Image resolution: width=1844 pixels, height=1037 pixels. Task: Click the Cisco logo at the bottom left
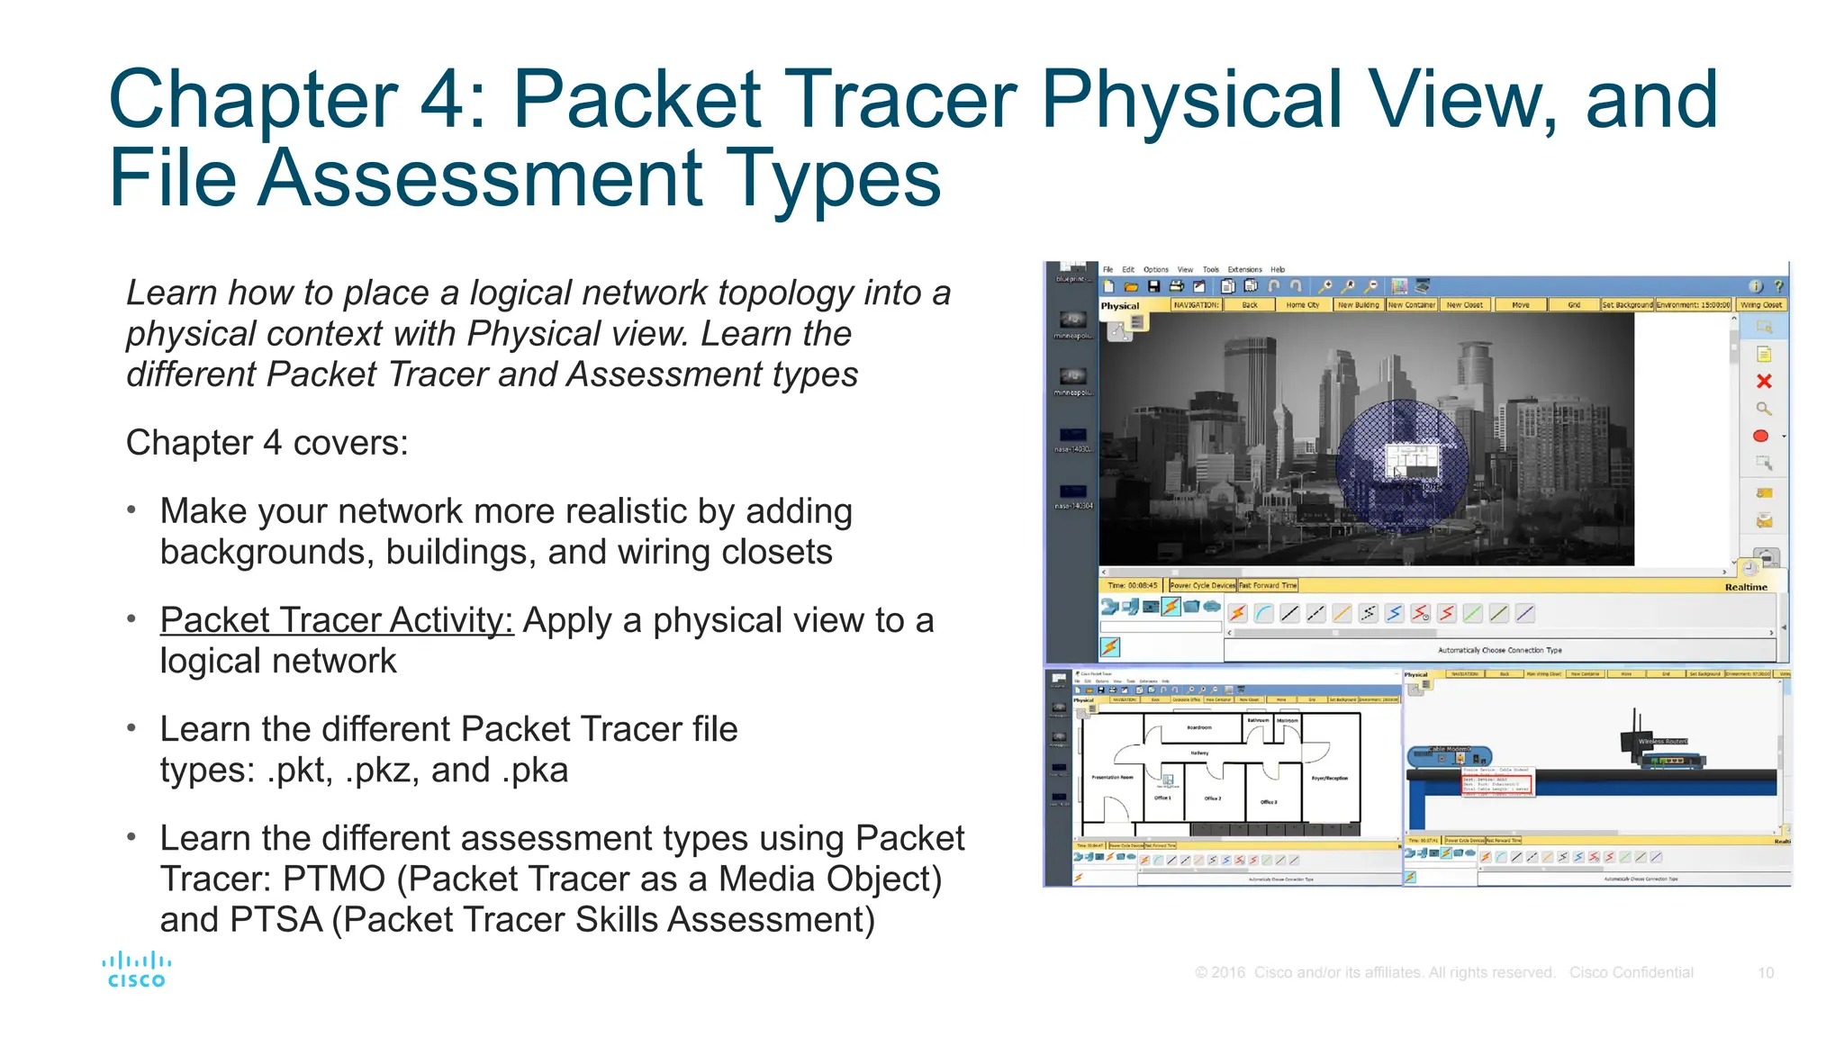pos(136,970)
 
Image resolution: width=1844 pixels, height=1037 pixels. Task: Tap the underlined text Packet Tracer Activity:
pos(336,620)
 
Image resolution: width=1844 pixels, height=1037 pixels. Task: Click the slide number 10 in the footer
pos(1765,972)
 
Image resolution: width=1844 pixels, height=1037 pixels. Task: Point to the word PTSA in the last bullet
pos(276,920)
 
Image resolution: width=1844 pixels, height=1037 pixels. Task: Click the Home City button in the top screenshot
pos(1302,305)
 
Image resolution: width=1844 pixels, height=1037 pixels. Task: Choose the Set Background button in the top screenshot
pos(1626,305)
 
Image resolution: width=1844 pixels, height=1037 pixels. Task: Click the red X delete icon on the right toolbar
pos(1763,382)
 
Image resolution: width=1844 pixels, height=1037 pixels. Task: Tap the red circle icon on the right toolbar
pos(1760,437)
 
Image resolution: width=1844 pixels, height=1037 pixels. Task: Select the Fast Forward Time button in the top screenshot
pos(1268,585)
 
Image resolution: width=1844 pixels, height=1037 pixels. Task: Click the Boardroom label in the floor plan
pos(1199,727)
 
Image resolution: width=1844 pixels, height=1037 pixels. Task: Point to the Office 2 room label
pos(1213,798)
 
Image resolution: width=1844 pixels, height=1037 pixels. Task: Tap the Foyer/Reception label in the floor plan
pos(1329,778)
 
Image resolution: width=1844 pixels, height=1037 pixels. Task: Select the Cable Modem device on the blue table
pos(1448,755)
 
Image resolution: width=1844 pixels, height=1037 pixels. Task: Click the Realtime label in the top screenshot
pos(1745,587)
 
